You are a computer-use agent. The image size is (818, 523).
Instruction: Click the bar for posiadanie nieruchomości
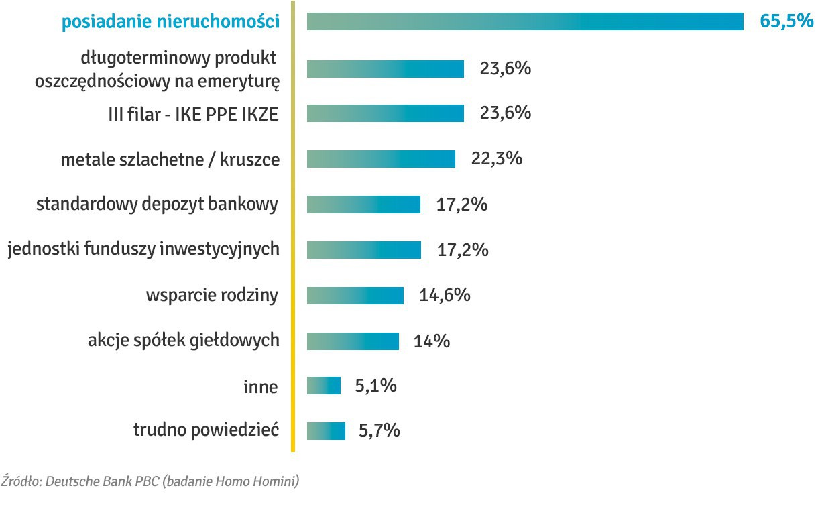[x=525, y=21]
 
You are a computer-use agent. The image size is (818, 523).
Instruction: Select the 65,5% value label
[x=786, y=21]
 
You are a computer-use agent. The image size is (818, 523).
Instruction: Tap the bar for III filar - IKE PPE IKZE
[x=386, y=113]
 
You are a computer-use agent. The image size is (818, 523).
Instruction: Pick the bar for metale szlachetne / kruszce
[x=381, y=159]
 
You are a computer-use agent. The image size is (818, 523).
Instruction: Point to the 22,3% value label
[x=497, y=159]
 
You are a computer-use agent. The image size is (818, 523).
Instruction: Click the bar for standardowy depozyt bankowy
[x=363, y=205]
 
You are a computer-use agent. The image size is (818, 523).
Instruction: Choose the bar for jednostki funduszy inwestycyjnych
[x=364, y=250]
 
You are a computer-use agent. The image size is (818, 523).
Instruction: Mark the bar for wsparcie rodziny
[x=355, y=296]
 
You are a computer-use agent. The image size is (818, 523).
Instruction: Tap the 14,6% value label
[x=445, y=295]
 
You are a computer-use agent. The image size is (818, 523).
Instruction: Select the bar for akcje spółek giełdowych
[x=353, y=341]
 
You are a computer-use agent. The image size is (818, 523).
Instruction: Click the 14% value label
[x=431, y=341]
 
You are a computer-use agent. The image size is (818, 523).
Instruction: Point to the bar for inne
[x=324, y=386]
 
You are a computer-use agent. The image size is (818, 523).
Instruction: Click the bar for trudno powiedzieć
[x=326, y=430]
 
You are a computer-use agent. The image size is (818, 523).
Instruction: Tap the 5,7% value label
[x=379, y=430]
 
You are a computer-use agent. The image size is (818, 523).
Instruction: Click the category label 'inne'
[x=260, y=387]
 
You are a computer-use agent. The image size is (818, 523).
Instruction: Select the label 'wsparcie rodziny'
[x=212, y=296]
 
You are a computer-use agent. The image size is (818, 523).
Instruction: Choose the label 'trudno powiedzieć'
[x=206, y=430]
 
